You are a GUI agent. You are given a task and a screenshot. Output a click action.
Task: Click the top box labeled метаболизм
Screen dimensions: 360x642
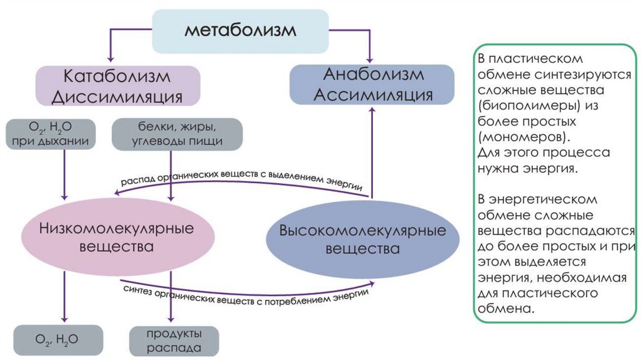point(241,31)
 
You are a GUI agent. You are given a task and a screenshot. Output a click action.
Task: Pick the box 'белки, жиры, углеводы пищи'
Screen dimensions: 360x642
point(177,134)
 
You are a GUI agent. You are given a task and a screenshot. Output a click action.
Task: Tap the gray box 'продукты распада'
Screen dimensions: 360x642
point(175,340)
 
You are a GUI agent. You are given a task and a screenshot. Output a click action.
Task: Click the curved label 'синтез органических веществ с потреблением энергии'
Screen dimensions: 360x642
point(245,292)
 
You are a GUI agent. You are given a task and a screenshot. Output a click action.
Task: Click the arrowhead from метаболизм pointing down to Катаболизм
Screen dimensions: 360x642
point(110,60)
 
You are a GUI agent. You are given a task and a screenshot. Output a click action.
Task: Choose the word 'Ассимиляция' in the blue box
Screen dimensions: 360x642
point(374,95)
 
